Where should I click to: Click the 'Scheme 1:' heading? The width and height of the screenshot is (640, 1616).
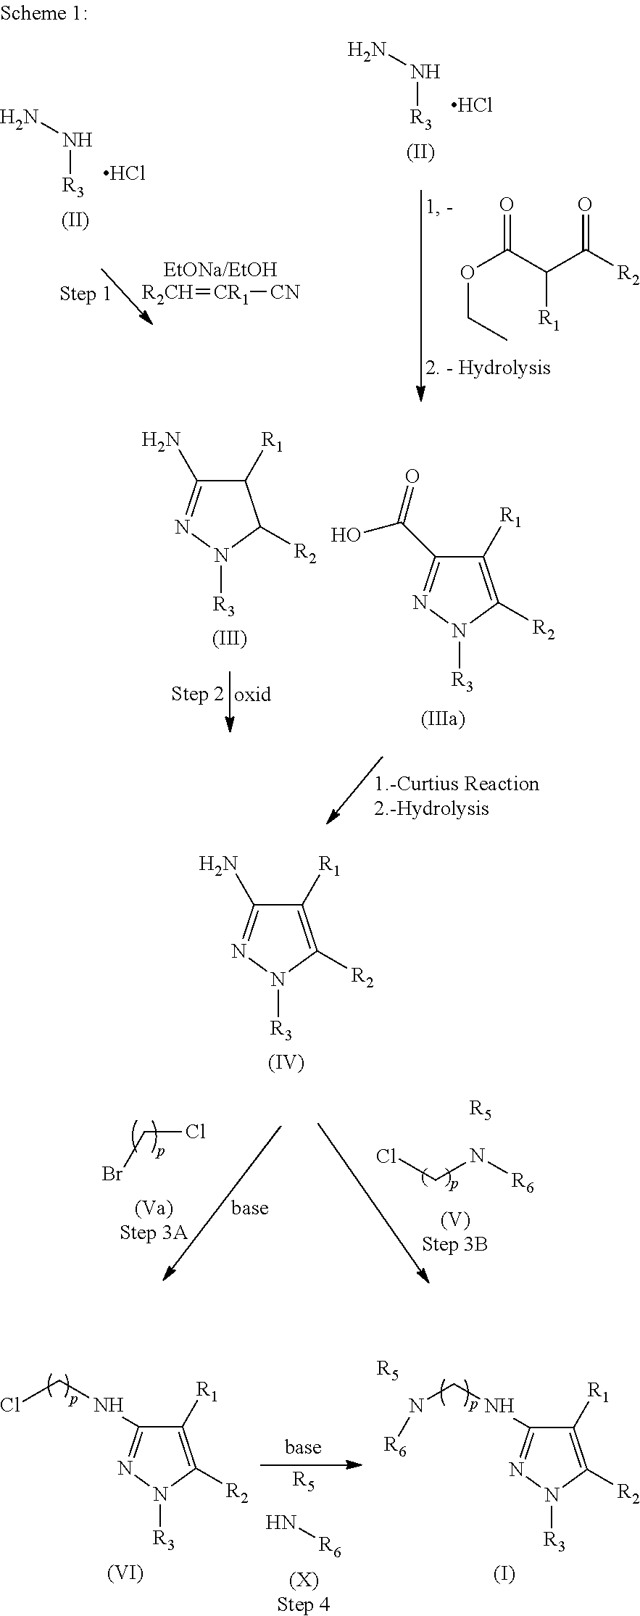(x=44, y=14)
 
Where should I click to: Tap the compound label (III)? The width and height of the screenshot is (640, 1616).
(x=229, y=638)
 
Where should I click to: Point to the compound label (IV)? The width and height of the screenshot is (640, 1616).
(x=286, y=1063)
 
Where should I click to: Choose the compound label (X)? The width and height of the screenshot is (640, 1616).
(x=304, y=1579)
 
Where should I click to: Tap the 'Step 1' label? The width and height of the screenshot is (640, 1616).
(x=86, y=294)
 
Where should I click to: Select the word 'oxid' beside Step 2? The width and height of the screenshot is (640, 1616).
(x=253, y=694)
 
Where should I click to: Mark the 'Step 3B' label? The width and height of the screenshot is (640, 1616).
(x=454, y=1244)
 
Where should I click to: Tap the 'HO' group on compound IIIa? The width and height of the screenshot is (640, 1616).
(x=346, y=536)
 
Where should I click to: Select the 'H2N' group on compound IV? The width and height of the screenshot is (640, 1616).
(x=219, y=863)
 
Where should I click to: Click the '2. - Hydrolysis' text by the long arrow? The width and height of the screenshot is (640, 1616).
(x=488, y=368)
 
